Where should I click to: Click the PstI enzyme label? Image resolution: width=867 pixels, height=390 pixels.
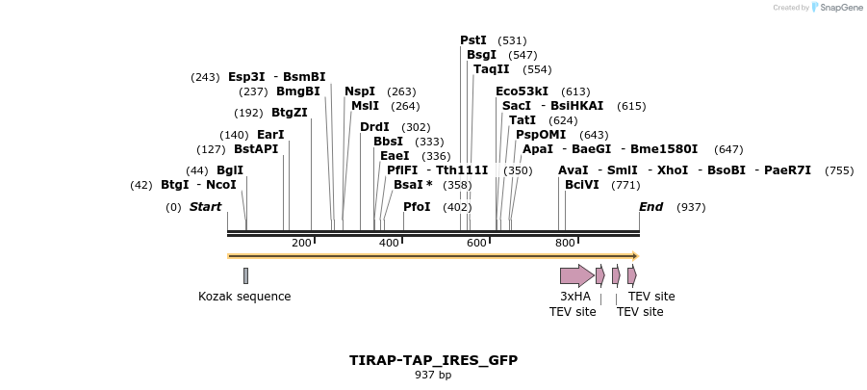coord(472,40)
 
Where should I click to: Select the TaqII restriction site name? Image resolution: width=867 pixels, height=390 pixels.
coord(491,69)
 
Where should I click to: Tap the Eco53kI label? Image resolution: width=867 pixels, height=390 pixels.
coord(522,91)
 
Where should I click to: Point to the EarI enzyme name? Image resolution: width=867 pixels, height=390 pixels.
coord(270,135)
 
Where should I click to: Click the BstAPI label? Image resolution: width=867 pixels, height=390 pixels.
coord(256,149)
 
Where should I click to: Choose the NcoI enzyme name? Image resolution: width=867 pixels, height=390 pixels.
coord(220,185)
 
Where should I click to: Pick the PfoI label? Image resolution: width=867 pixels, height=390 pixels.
coord(417,207)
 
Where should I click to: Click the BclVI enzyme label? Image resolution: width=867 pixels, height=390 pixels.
coord(581,185)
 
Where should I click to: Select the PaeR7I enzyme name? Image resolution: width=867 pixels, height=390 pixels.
coord(787,170)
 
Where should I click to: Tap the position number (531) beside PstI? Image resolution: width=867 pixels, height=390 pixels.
coord(512,40)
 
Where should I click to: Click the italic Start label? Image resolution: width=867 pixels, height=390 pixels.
coord(205,207)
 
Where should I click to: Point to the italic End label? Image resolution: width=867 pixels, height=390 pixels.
coord(650,207)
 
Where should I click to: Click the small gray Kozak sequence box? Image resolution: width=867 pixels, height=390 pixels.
coord(245,275)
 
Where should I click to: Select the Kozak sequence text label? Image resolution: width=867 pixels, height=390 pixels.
coord(244,297)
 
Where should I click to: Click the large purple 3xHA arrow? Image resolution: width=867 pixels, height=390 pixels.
coord(575,275)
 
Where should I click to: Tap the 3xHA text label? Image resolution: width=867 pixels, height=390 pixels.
coord(574,297)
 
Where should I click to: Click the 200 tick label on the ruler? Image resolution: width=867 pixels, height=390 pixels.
coord(301,243)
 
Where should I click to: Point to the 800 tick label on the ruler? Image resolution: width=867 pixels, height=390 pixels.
coord(565,243)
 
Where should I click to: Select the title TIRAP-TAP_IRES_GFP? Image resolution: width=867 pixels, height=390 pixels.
coord(433,360)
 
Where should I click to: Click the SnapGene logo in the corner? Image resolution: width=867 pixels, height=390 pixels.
coord(836,8)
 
